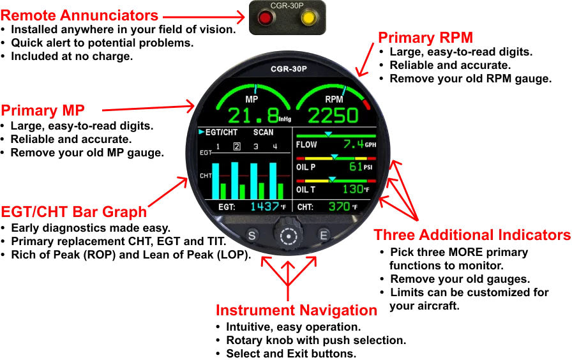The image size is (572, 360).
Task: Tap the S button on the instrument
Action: tap(252, 236)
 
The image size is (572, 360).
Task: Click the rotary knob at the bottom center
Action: tap(289, 236)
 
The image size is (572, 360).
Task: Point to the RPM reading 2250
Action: tap(333, 116)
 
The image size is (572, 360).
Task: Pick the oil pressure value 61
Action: tap(356, 167)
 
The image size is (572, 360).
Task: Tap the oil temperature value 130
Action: tap(352, 190)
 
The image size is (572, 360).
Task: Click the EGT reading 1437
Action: tap(264, 207)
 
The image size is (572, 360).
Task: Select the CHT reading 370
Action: tap(339, 207)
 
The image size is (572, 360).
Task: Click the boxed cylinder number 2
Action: tap(236, 147)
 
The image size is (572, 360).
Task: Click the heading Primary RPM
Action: tap(425, 38)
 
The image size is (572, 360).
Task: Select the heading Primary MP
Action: tap(43, 110)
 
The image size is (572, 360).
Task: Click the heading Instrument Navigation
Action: tap(296, 311)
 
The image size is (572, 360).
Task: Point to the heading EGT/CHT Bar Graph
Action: tap(74, 212)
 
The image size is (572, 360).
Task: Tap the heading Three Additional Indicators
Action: tap(472, 236)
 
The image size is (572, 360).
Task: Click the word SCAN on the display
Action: tap(263, 133)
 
